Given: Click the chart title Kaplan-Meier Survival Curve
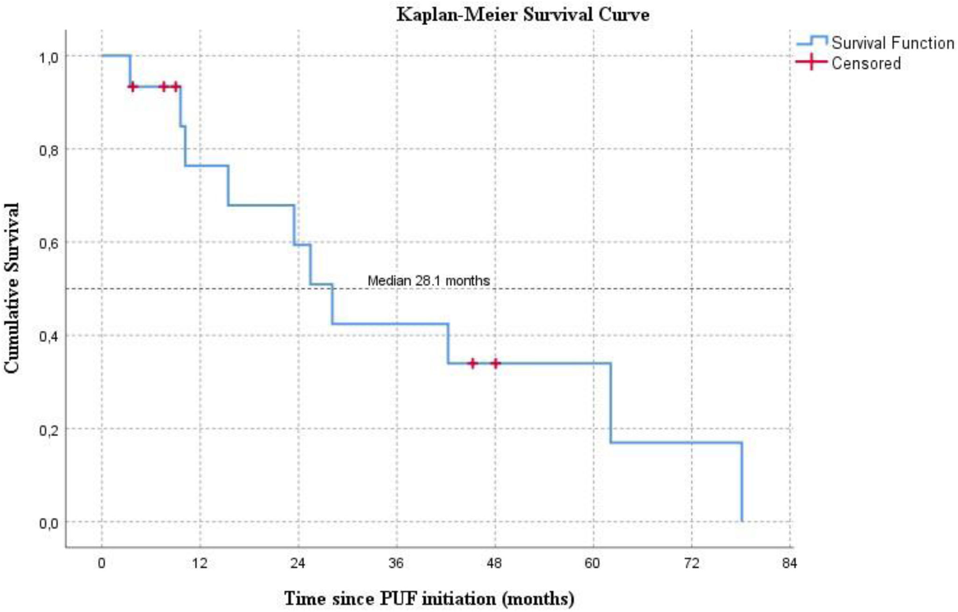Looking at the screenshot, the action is pyautogui.click(x=523, y=14).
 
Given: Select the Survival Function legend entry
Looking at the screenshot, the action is pyautogui.click(x=875, y=43).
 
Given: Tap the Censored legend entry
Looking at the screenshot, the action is pyautogui.click(x=848, y=63).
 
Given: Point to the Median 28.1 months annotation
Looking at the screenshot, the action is pyautogui.click(x=429, y=281).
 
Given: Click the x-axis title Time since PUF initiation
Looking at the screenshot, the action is pyautogui.click(x=429, y=598).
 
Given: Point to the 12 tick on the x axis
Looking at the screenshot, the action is pyautogui.click(x=200, y=563).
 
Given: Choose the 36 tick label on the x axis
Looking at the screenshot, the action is pyautogui.click(x=396, y=563).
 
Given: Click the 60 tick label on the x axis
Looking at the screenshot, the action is pyautogui.click(x=593, y=563).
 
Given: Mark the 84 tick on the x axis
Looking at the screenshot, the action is pyautogui.click(x=789, y=563).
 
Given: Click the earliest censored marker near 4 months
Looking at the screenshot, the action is pyautogui.click(x=133, y=87).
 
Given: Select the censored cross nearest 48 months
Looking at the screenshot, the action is pyautogui.click(x=496, y=363).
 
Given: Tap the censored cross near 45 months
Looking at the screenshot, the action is pyautogui.click(x=472, y=363).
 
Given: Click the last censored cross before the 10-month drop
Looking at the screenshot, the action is pyautogui.click(x=175, y=87).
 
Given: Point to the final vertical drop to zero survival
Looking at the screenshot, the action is pyautogui.click(x=742, y=482).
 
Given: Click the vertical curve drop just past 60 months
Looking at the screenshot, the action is pyautogui.click(x=610, y=402).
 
